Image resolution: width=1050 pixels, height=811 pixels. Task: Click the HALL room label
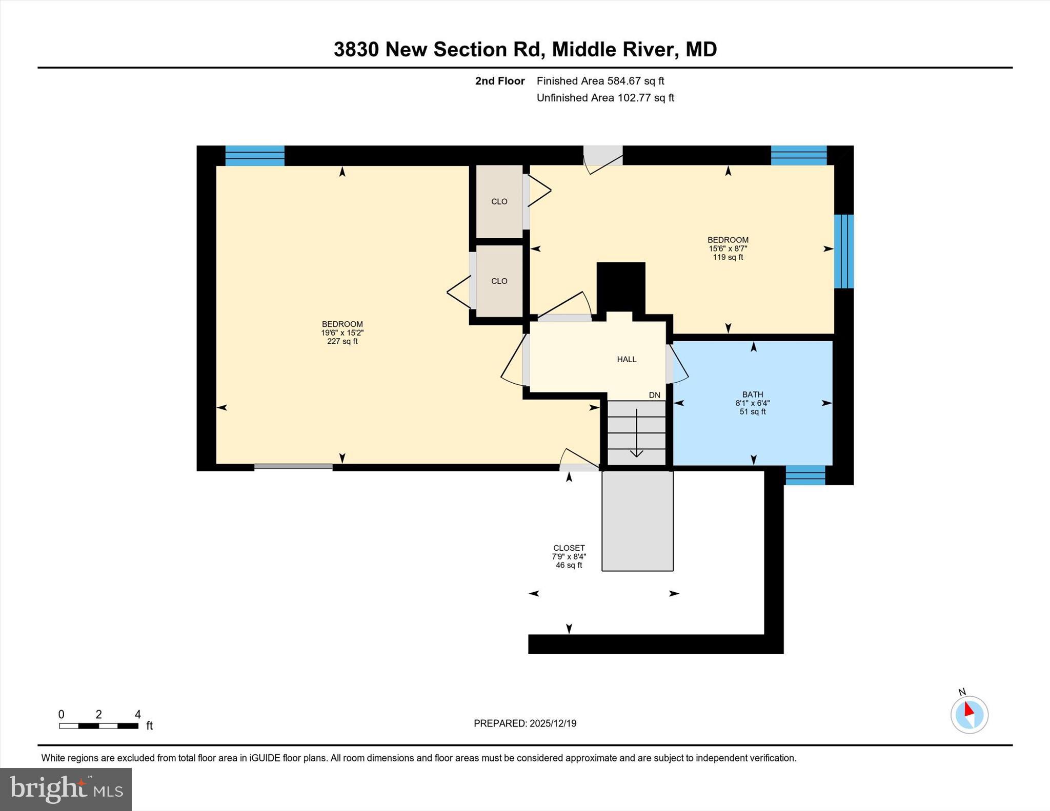click(x=627, y=360)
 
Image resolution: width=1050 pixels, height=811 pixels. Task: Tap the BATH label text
click(x=752, y=394)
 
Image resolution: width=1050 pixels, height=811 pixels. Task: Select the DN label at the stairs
click(x=654, y=396)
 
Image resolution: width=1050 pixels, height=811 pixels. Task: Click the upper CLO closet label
click(x=499, y=202)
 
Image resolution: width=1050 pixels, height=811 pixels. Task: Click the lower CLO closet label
click(x=499, y=281)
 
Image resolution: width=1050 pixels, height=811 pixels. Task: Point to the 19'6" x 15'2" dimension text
click(x=342, y=333)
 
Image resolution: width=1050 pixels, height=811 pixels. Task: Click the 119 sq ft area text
click(x=728, y=257)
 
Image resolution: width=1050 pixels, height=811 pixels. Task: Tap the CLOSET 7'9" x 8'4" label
click(x=569, y=556)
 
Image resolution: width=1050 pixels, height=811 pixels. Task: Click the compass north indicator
click(x=969, y=714)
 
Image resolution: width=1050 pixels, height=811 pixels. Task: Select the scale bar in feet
click(x=98, y=725)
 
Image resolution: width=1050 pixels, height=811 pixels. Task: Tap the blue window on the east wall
click(x=843, y=251)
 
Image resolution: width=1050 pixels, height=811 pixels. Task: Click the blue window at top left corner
click(x=255, y=156)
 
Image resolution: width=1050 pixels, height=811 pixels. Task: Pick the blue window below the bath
click(x=805, y=475)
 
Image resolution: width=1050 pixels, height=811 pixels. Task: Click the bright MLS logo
click(x=66, y=789)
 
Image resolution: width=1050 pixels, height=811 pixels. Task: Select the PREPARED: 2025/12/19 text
click(x=524, y=723)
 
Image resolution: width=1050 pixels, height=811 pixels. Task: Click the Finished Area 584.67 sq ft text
click(x=600, y=81)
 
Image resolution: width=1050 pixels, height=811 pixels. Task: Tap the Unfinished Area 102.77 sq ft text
click(x=605, y=98)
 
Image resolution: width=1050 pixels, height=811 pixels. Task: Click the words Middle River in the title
click(x=612, y=50)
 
